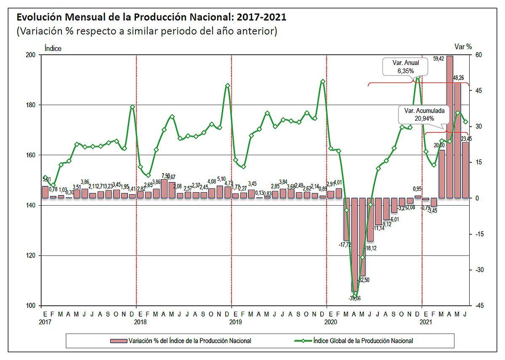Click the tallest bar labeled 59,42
point(449,126)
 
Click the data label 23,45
point(466,138)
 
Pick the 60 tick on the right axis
point(479,55)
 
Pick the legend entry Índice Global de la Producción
point(362,340)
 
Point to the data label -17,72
point(346,244)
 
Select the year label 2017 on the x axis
point(45,322)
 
